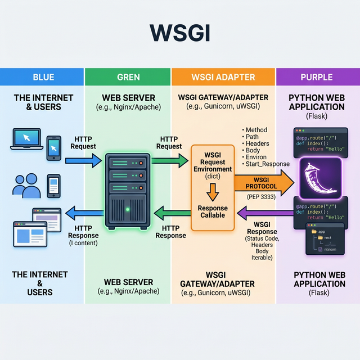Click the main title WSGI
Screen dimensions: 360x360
[180, 33]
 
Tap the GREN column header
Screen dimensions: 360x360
[129, 77]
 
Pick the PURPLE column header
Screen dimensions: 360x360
[317, 77]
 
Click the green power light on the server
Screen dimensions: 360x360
[128, 210]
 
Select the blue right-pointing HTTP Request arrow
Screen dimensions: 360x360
[82, 161]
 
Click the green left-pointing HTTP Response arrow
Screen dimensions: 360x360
[171, 213]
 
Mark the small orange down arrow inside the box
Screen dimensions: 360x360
[213, 192]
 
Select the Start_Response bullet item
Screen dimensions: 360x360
[267, 164]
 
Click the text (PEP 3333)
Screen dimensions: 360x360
[260, 197]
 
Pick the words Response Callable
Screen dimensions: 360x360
[213, 211]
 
